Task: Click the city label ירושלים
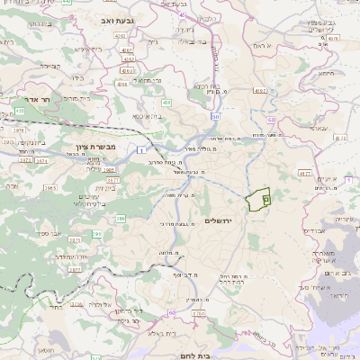[x=219, y=220]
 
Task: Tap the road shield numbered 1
[x=141, y=149]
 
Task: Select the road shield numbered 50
[x=215, y=116]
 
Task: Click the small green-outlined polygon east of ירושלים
[x=259, y=199]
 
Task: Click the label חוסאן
[x=45, y=350]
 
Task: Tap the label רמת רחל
[x=233, y=280]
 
